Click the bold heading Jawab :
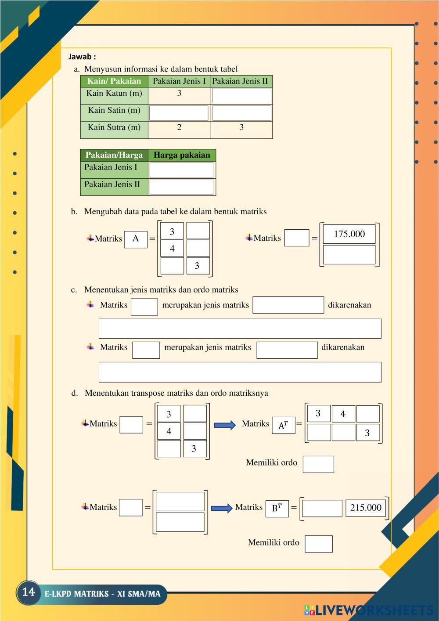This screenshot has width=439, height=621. [82, 57]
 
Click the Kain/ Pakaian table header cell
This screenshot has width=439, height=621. [114, 81]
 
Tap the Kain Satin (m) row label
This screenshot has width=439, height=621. [114, 110]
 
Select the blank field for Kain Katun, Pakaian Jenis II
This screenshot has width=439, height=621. [242, 96]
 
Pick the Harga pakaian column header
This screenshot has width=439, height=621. [182, 155]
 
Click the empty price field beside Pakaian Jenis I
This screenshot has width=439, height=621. [182, 170]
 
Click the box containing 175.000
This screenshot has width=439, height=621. [349, 234]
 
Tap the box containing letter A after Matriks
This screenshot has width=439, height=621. [136, 239]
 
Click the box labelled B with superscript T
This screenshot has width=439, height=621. [277, 509]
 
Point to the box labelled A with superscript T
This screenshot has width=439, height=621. [283, 425]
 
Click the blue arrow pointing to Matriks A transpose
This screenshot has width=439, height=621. [225, 425]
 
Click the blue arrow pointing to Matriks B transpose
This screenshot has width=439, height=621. [222, 508]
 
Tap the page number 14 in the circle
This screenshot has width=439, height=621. [28, 592]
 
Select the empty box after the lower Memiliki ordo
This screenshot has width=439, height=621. [319, 544]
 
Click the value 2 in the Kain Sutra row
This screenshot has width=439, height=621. [179, 127]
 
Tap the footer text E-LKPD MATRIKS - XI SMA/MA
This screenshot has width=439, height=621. [103, 594]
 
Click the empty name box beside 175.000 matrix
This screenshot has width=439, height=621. [297, 238]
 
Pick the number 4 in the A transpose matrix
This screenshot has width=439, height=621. [343, 414]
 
